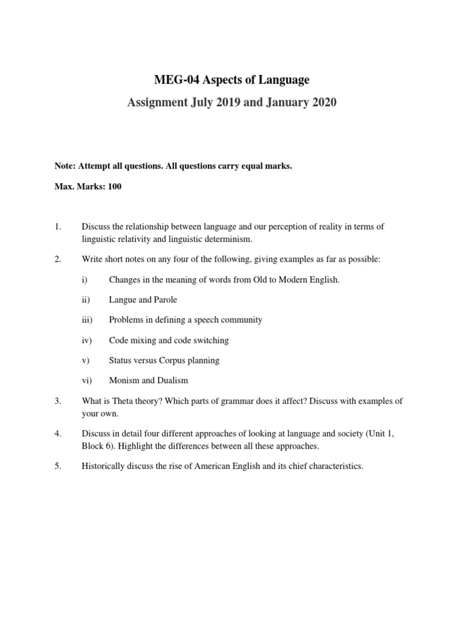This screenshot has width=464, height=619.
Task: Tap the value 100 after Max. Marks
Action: tap(114, 186)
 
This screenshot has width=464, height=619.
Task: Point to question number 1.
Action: tap(58, 227)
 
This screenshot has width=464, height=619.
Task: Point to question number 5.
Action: tap(58, 467)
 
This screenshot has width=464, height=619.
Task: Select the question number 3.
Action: tap(58, 401)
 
